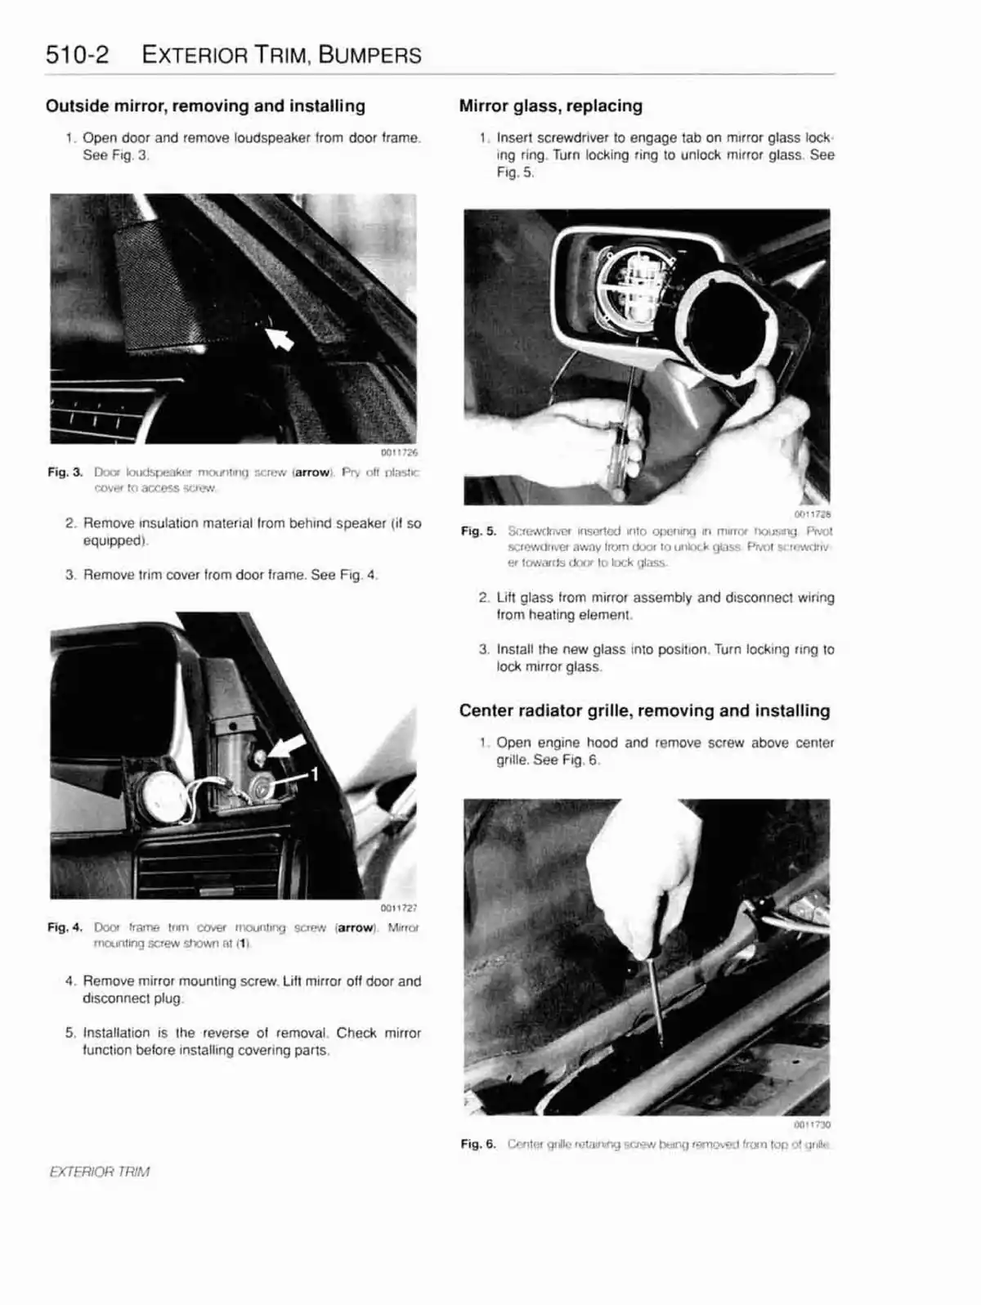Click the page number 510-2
point(78,56)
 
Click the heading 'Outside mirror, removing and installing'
point(205,106)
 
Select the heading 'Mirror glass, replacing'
point(550,106)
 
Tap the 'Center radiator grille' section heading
point(644,711)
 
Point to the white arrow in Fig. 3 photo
point(280,335)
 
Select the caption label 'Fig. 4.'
point(65,928)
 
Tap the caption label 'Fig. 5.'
point(478,531)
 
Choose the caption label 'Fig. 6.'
point(478,1144)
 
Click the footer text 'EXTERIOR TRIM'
point(100,1171)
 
